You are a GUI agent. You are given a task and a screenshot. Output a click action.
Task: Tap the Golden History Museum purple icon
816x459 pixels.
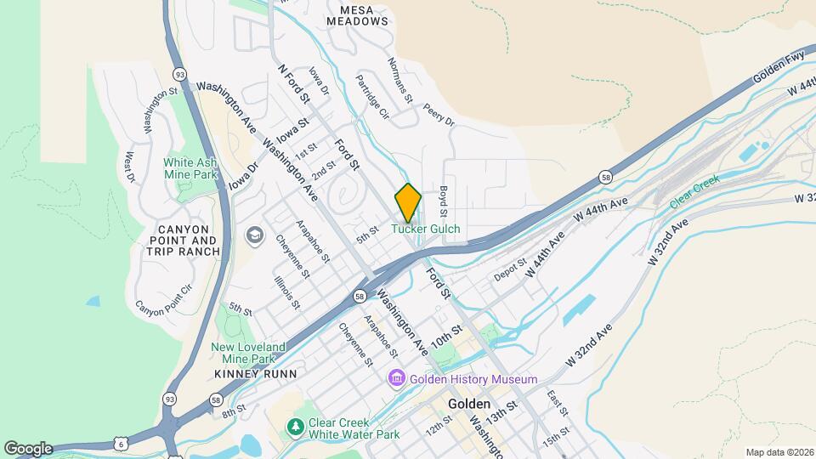(396, 378)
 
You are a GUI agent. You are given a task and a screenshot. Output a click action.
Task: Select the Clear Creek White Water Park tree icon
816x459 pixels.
(295, 426)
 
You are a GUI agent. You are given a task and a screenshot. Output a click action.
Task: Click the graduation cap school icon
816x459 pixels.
(253, 235)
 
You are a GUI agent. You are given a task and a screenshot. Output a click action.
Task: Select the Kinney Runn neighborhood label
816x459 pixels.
(255, 373)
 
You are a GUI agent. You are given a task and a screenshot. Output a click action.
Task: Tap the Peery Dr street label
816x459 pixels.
(439, 116)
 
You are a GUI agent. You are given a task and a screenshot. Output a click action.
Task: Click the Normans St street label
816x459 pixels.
(399, 80)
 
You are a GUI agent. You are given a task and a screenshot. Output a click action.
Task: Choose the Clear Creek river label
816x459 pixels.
(694, 192)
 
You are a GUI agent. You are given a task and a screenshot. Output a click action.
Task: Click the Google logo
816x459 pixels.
(28, 449)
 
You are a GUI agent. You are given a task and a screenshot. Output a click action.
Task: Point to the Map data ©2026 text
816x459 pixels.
(779, 452)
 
